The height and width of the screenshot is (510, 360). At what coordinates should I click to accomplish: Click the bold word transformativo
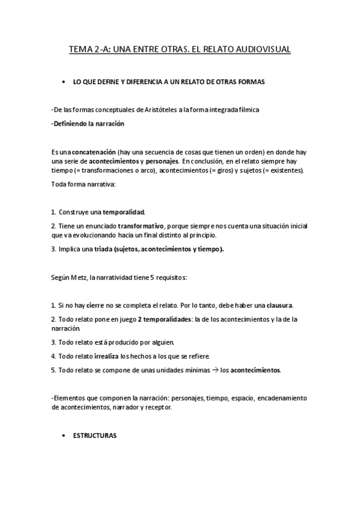[141, 226]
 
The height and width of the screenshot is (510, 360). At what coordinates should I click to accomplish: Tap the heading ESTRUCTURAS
[94, 435]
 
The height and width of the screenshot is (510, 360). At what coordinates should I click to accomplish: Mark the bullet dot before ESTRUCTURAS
[63, 435]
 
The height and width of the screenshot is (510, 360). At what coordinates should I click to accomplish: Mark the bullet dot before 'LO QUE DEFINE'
[63, 81]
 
